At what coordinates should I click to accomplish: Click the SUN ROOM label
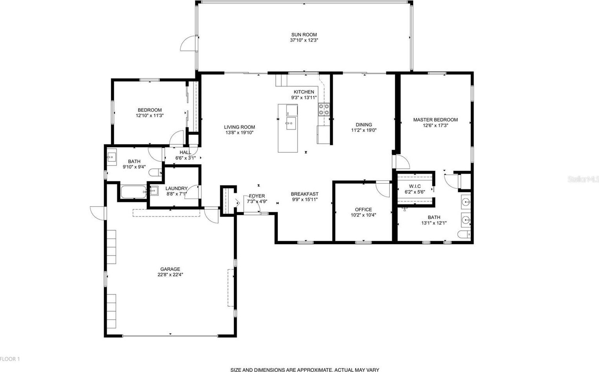click(304, 35)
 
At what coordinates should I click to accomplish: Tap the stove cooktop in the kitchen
click(324, 110)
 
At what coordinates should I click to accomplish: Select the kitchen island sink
click(291, 123)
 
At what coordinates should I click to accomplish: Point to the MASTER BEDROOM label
click(435, 120)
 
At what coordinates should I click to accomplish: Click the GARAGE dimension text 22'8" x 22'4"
click(170, 275)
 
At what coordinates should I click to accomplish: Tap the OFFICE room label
click(363, 209)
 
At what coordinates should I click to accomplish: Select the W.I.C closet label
click(415, 186)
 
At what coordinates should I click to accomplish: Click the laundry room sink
click(154, 191)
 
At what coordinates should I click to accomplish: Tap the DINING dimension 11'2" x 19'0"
click(364, 131)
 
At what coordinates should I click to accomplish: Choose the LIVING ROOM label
click(239, 127)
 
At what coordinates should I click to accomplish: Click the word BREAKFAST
click(304, 194)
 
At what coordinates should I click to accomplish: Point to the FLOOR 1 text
click(10, 359)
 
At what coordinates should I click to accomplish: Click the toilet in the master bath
click(464, 234)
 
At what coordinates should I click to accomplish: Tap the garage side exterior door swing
click(98, 213)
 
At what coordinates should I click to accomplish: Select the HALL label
click(185, 152)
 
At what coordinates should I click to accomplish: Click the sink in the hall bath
click(112, 157)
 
